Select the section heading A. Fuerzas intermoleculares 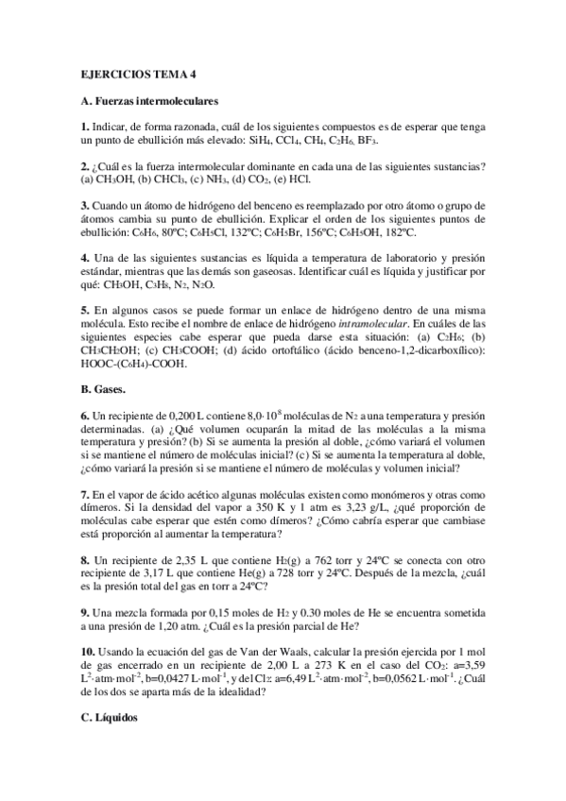[x=150, y=100]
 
